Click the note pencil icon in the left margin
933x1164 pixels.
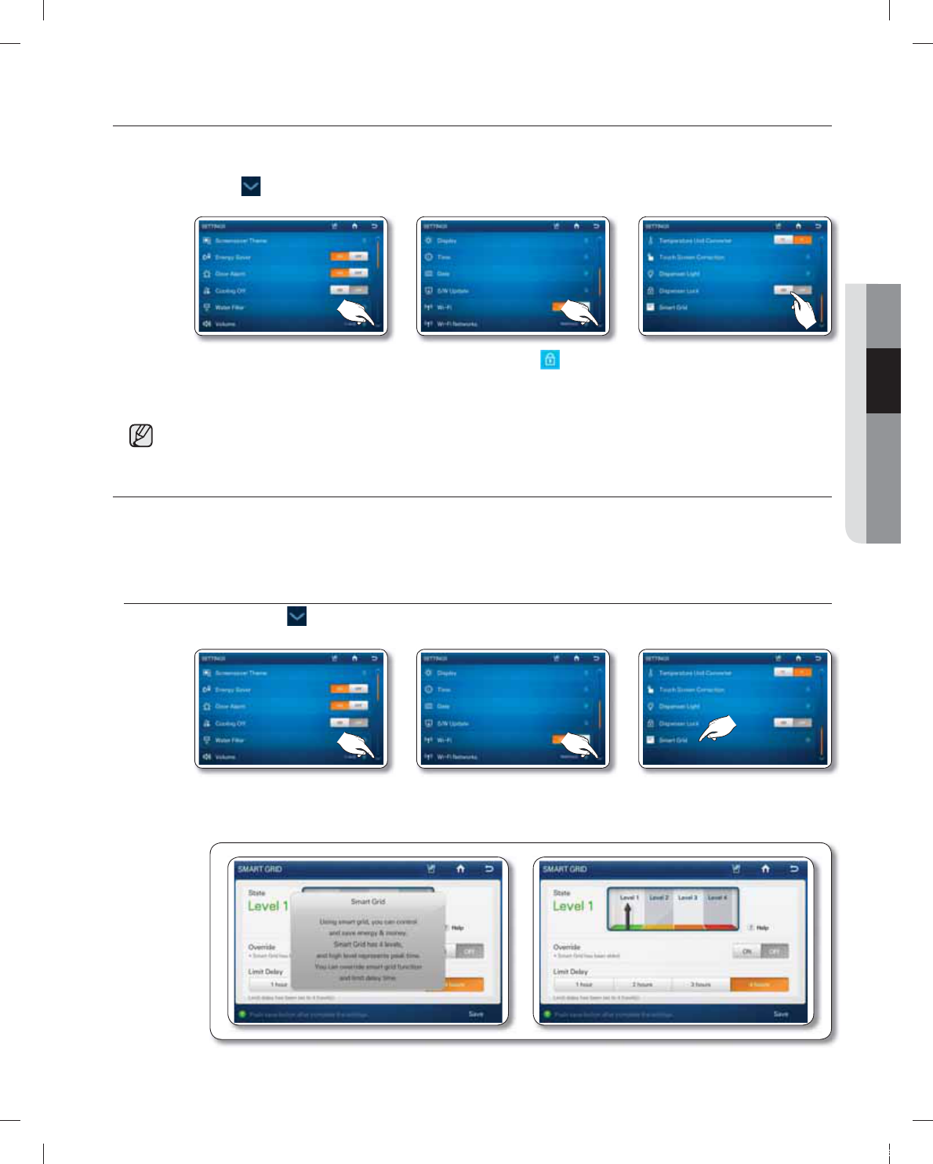coord(141,435)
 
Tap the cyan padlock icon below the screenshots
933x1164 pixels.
coord(550,359)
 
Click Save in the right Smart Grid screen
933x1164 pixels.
coord(781,1014)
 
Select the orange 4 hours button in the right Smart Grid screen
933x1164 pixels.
coord(759,984)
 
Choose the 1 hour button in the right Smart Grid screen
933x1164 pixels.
coord(583,984)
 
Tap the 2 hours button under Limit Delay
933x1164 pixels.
coord(642,984)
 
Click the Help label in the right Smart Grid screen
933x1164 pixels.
coord(762,927)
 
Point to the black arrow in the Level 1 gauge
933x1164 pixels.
coord(627,915)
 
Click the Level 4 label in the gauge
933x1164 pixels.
coord(717,897)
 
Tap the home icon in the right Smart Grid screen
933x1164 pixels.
coord(765,868)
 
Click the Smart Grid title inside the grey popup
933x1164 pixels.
coord(368,901)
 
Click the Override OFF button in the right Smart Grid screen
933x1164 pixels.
coord(775,951)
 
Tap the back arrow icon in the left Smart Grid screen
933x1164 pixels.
coord(489,868)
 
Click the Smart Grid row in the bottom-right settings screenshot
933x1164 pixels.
coord(673,740)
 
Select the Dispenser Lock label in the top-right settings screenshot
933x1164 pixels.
coord(678,291)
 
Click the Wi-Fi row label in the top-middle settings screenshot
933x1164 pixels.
coord(444,307)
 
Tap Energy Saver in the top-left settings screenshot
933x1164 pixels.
coord(233,257)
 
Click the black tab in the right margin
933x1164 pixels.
coord(883,380)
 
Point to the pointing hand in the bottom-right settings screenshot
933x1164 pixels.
coord(718,729)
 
